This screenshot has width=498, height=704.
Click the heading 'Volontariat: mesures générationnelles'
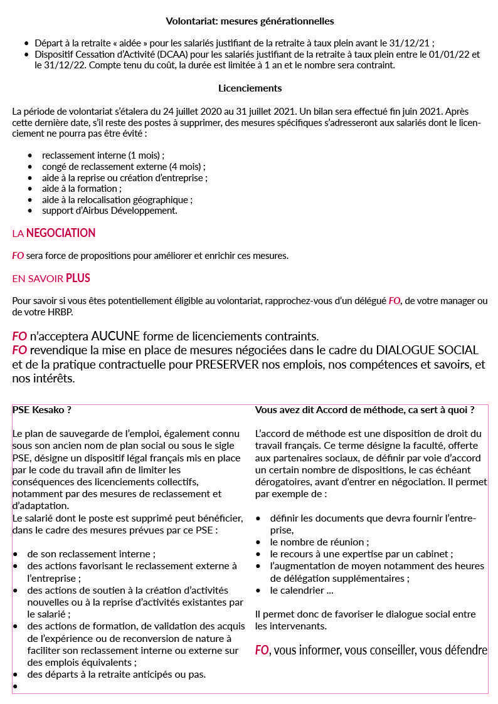tap(250, 21)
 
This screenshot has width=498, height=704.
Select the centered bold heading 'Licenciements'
tap(250, 88)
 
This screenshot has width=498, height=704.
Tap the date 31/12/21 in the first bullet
tap(413, 43)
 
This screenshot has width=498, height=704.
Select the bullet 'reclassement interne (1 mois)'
tap(103, 155)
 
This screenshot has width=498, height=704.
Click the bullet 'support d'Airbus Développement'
tap(109, 211)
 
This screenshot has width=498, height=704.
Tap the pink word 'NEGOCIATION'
tap(61, 233)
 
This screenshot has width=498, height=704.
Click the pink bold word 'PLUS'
tap(78, 278)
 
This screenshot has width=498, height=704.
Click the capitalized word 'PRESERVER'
tap(227, 364)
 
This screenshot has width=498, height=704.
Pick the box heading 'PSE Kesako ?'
tap(41, 410)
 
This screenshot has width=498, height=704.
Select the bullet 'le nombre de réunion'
tap(319, 542)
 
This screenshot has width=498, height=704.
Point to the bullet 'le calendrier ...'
tap(302, 591)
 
